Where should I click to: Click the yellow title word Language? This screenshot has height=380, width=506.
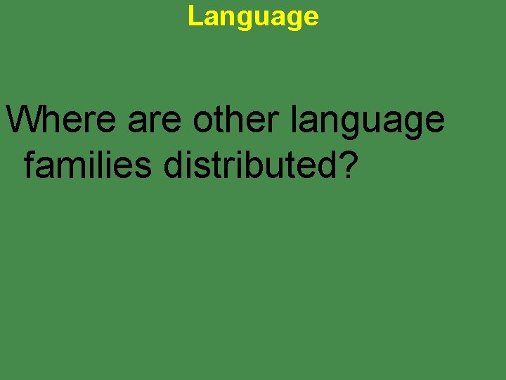point(253,16)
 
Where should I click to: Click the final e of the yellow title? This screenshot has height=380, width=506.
point(311,18)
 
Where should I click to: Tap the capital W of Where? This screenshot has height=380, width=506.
point(22,120)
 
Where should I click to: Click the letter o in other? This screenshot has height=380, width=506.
point(204,124)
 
